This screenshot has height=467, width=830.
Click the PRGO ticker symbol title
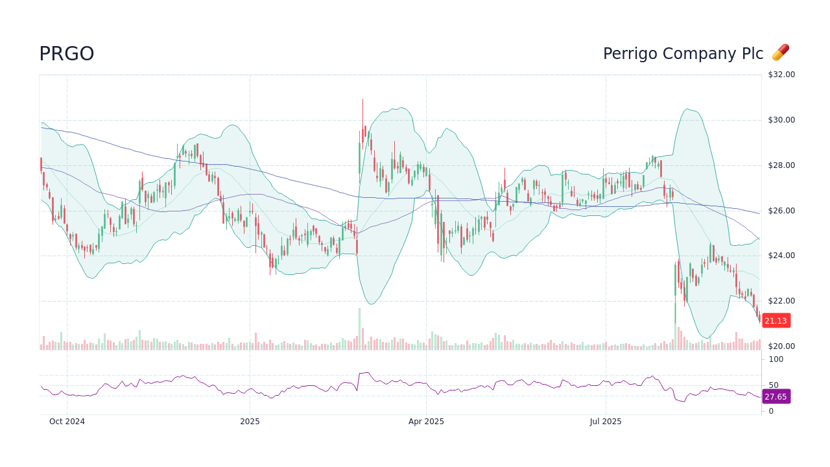67,54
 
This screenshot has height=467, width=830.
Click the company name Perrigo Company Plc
683,54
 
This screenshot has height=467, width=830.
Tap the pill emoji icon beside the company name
780,53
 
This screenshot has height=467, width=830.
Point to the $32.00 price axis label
781,75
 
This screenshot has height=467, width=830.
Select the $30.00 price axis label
781,120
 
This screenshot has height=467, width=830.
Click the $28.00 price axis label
781,165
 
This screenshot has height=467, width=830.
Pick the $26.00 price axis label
781,211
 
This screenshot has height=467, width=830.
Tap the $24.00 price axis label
781,256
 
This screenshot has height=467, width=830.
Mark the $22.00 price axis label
781,301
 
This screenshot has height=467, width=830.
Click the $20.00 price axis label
781,346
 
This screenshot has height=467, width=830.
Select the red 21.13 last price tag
776,320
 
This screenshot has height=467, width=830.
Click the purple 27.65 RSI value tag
776,396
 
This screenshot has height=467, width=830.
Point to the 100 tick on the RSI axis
776,359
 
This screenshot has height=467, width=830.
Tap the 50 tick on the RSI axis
773,385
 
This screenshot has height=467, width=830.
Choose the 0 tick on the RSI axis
771,411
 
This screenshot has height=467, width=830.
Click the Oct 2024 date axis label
67,422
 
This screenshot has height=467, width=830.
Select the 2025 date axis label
250,422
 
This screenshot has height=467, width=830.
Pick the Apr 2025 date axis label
426,422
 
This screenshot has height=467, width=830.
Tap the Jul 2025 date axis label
606,422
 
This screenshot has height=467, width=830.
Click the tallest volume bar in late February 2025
359,329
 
